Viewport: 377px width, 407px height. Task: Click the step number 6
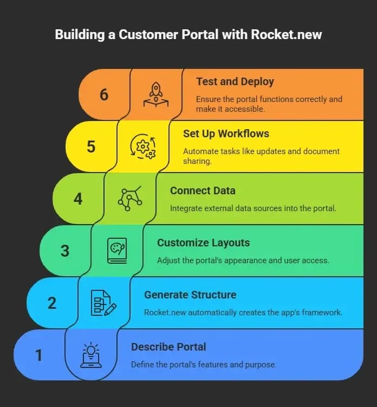[104, 94]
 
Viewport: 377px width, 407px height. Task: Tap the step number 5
[91, 147]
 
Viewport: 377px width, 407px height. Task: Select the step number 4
[78, 199]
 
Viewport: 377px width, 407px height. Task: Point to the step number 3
[65, 251]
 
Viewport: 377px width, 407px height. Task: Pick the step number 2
[52, 303]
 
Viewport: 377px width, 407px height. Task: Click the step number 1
[38, 355]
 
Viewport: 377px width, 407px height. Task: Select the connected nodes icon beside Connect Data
[130, 198]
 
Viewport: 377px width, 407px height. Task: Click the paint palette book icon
[117, 251]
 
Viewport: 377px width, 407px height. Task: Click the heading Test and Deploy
[235, 81]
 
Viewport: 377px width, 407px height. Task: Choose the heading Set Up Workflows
[226, 133]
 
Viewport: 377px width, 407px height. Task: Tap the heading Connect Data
[203, 190]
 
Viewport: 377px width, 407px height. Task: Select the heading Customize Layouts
[203, 243]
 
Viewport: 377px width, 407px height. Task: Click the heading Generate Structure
[190, 295]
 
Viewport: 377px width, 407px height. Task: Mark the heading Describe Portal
[168, 347]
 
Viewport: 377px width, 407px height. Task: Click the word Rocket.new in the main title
[286, 35]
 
